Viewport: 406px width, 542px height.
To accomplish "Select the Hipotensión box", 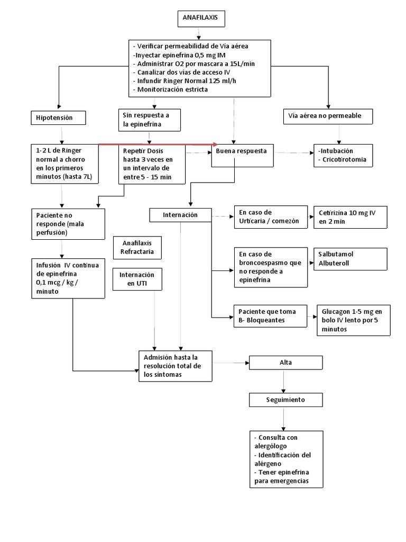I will [x=58, y=118].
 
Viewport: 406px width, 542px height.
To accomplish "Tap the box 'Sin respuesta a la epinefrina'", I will [x=149, y=120].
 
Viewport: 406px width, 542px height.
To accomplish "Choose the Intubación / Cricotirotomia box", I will [x=342, y=155].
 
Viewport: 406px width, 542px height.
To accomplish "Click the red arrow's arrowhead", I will [x=215, y=144].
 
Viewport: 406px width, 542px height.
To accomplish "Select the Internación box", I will [x=180, y=215].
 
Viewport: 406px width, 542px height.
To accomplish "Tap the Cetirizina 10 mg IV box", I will [x=349, y=217].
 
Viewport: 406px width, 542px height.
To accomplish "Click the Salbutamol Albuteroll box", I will [x=349, y=259].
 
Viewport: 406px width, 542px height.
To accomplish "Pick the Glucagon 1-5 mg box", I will [x=353, y=320].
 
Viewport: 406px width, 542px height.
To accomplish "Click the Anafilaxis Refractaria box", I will [x=137, y=247].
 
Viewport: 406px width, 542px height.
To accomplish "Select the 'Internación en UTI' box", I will [x=137, y=279].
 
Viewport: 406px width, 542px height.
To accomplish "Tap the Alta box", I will [x=285, y=363].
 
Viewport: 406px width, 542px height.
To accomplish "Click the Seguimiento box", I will [x=285, y=400].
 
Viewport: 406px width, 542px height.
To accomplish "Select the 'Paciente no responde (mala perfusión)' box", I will [x=68, y=223].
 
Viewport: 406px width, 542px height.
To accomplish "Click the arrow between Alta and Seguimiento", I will [x=285, y=381].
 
